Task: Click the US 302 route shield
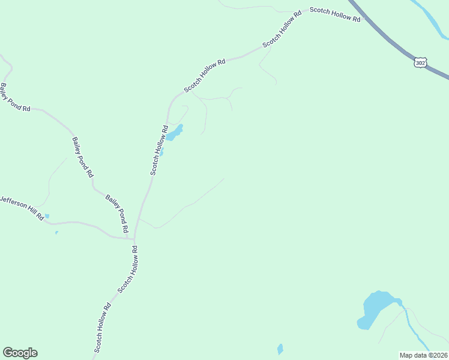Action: point(420,62)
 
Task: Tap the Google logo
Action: point(20,353)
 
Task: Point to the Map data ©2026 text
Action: point(423,355)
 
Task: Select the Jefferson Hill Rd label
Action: point(22,208)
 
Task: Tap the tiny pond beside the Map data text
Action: point(280,349)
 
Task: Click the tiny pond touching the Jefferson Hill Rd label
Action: point(47,216)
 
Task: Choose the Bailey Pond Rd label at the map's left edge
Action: point(15,97)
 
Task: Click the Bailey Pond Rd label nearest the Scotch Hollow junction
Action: point(117,213)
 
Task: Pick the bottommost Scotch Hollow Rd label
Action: point(102,327)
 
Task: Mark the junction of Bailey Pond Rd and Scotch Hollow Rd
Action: point(133,238)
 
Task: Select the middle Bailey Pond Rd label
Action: point(83,157)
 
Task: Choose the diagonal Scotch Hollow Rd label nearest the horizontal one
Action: point(280,28)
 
